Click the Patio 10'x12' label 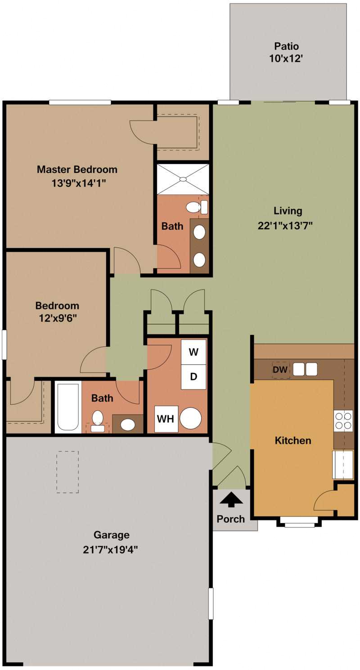click(x=287, y=52)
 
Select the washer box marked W click(x=193, y=352)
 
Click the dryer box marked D click(x=193, y=377)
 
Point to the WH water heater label click(x=166, y=419)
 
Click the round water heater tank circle click(x=191, y=419)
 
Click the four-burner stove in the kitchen click(x=343, y=421)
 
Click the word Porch click(x=231, y=519)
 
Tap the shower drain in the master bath click(x=183, y=179)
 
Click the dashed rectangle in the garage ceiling click(x=67, y=472)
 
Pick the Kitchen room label click(x=293, y=440)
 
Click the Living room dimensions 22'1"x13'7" click(x=285, y=225)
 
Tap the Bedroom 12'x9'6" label click(x=57, y=311)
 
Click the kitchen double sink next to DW click(x=305, y=369)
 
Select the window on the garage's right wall click(x=211, y=603)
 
